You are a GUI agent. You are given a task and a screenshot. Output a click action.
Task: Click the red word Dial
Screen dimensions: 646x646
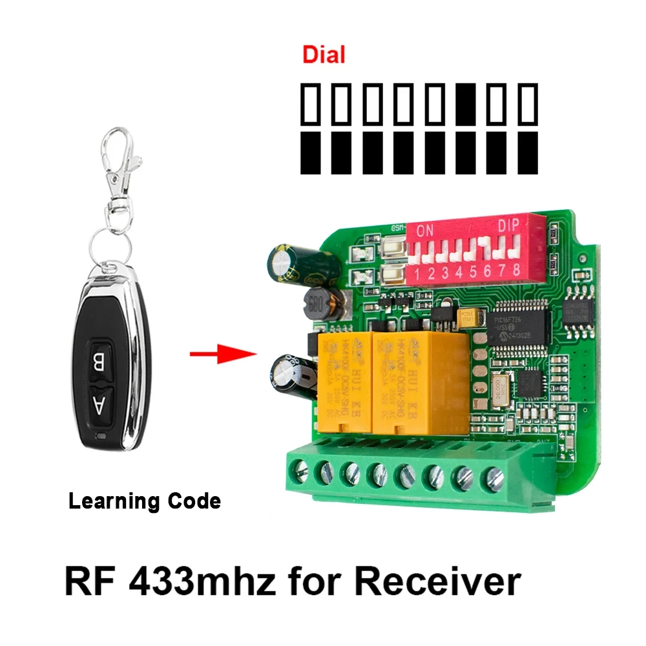tap(324, 55)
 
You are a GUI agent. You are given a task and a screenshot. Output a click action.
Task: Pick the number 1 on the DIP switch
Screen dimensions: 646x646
tap(419, 273)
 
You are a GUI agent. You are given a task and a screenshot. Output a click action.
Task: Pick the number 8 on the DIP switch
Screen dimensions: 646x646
tap(516, 270)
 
